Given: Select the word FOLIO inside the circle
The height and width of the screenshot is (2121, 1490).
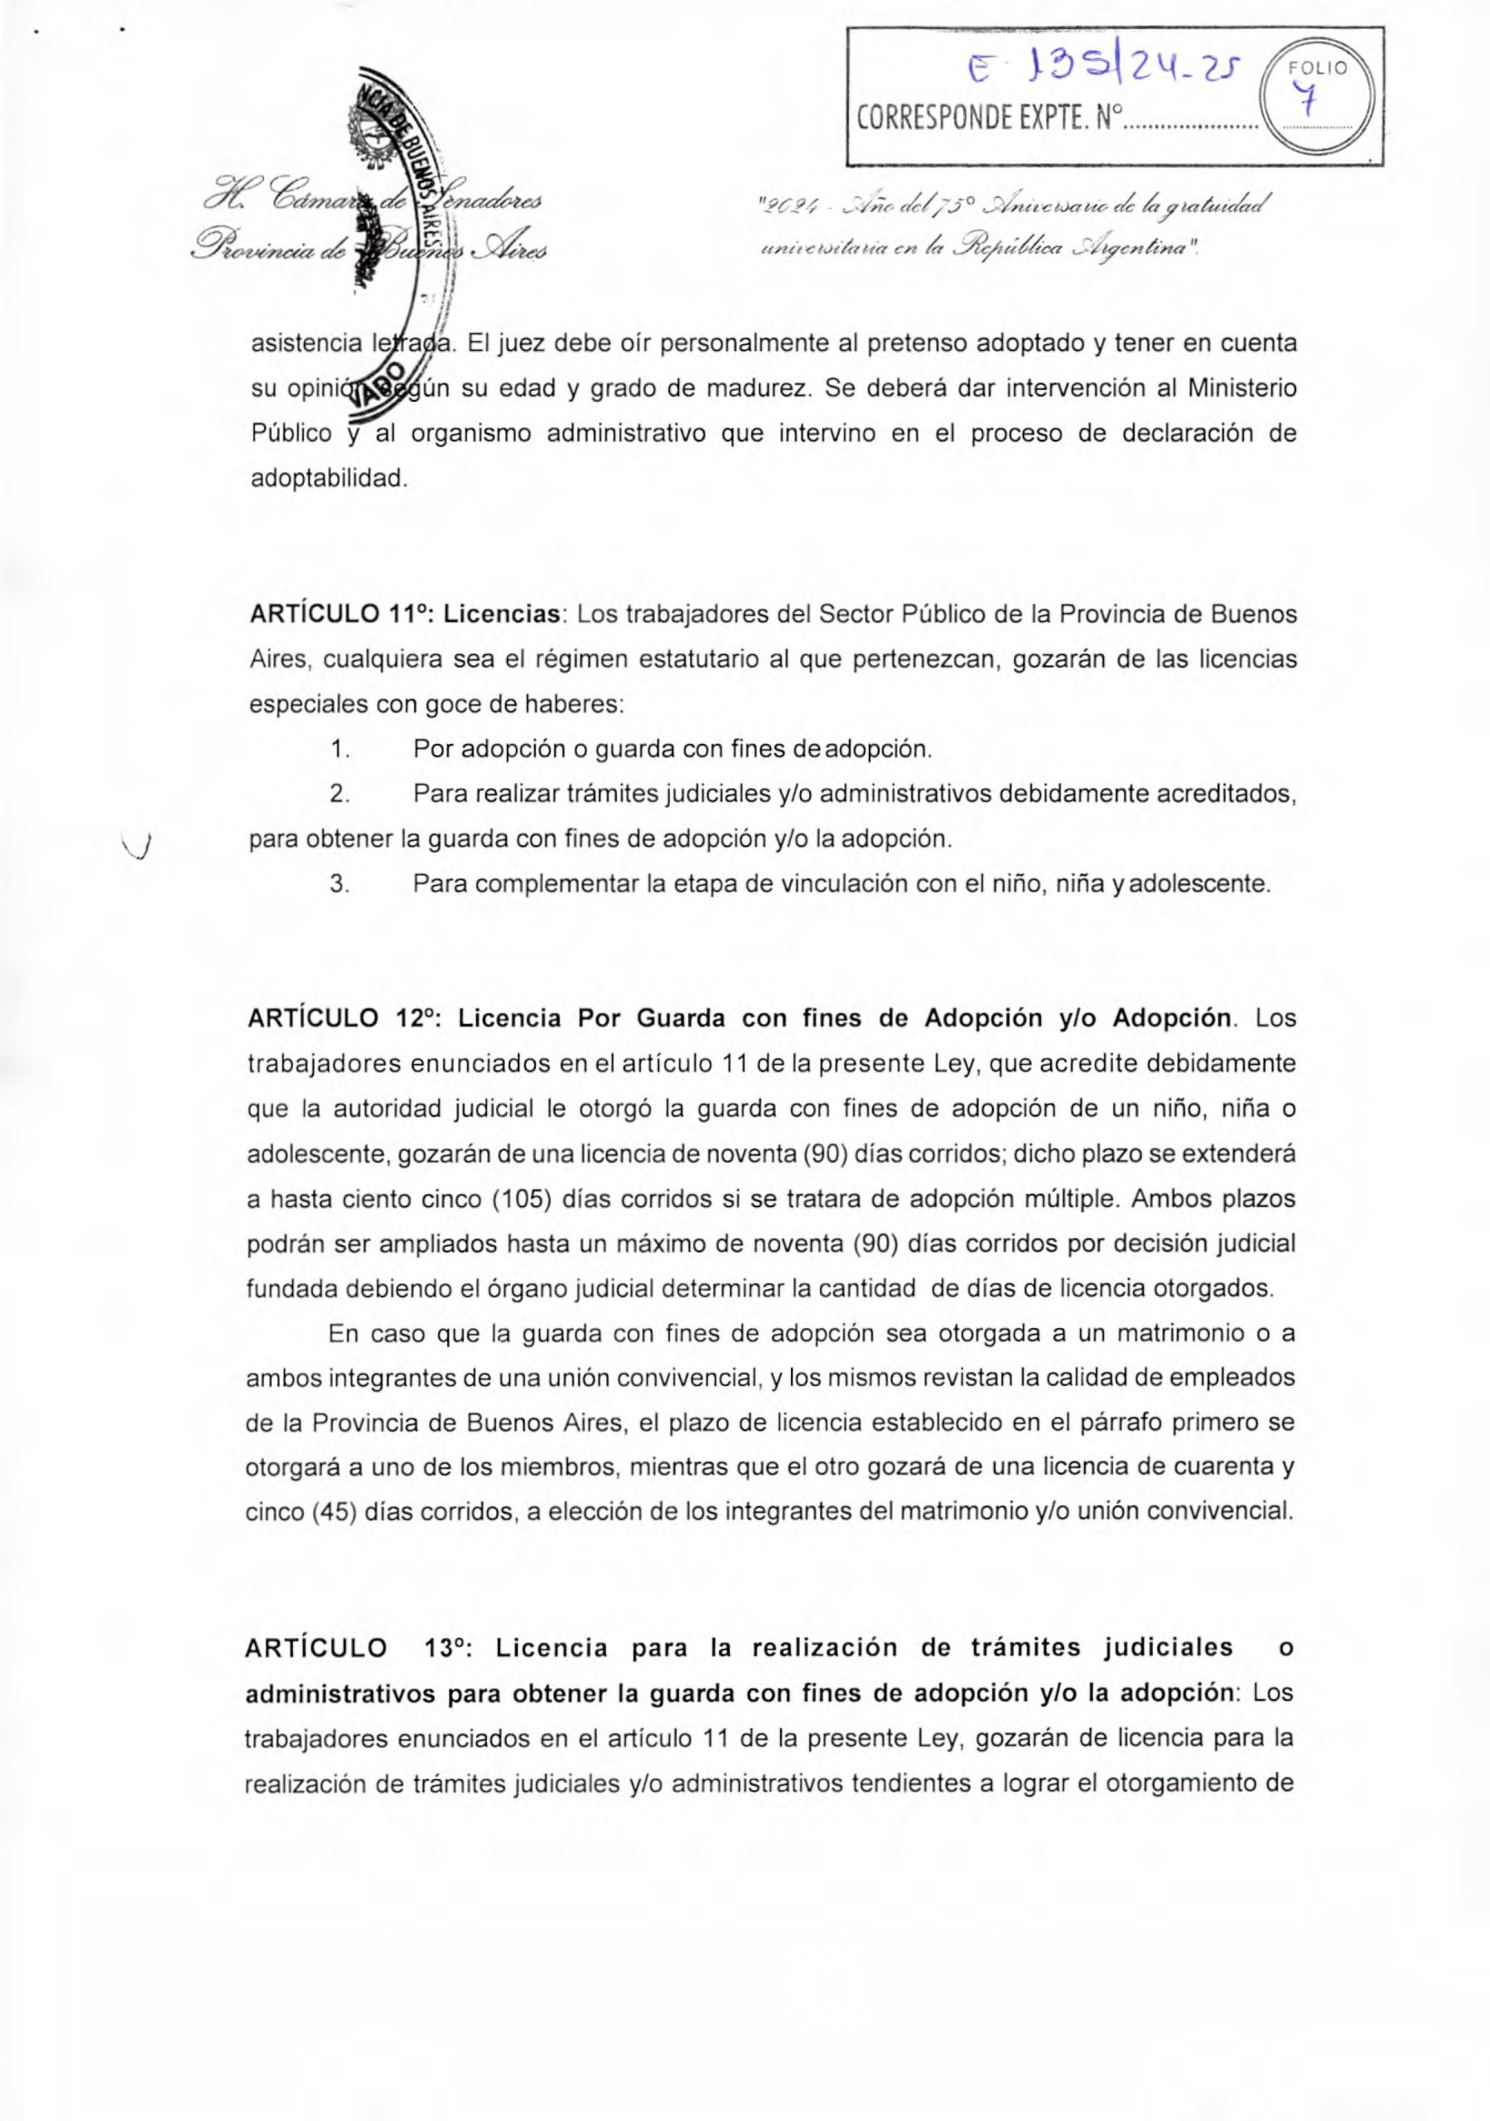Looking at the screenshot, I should click(x=1319, y=67).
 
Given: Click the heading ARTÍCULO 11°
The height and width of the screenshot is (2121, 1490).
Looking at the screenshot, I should click(x=339, y=614).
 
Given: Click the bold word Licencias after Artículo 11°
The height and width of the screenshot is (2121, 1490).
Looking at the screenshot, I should click(x=504, y=614).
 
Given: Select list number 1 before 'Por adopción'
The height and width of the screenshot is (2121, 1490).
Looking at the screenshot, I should click(x=339, y=747).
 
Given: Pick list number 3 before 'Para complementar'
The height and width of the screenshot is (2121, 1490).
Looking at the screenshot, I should click(x=339, y=884).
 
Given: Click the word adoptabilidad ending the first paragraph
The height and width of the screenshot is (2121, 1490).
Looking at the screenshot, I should click(x=328, y=479).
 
